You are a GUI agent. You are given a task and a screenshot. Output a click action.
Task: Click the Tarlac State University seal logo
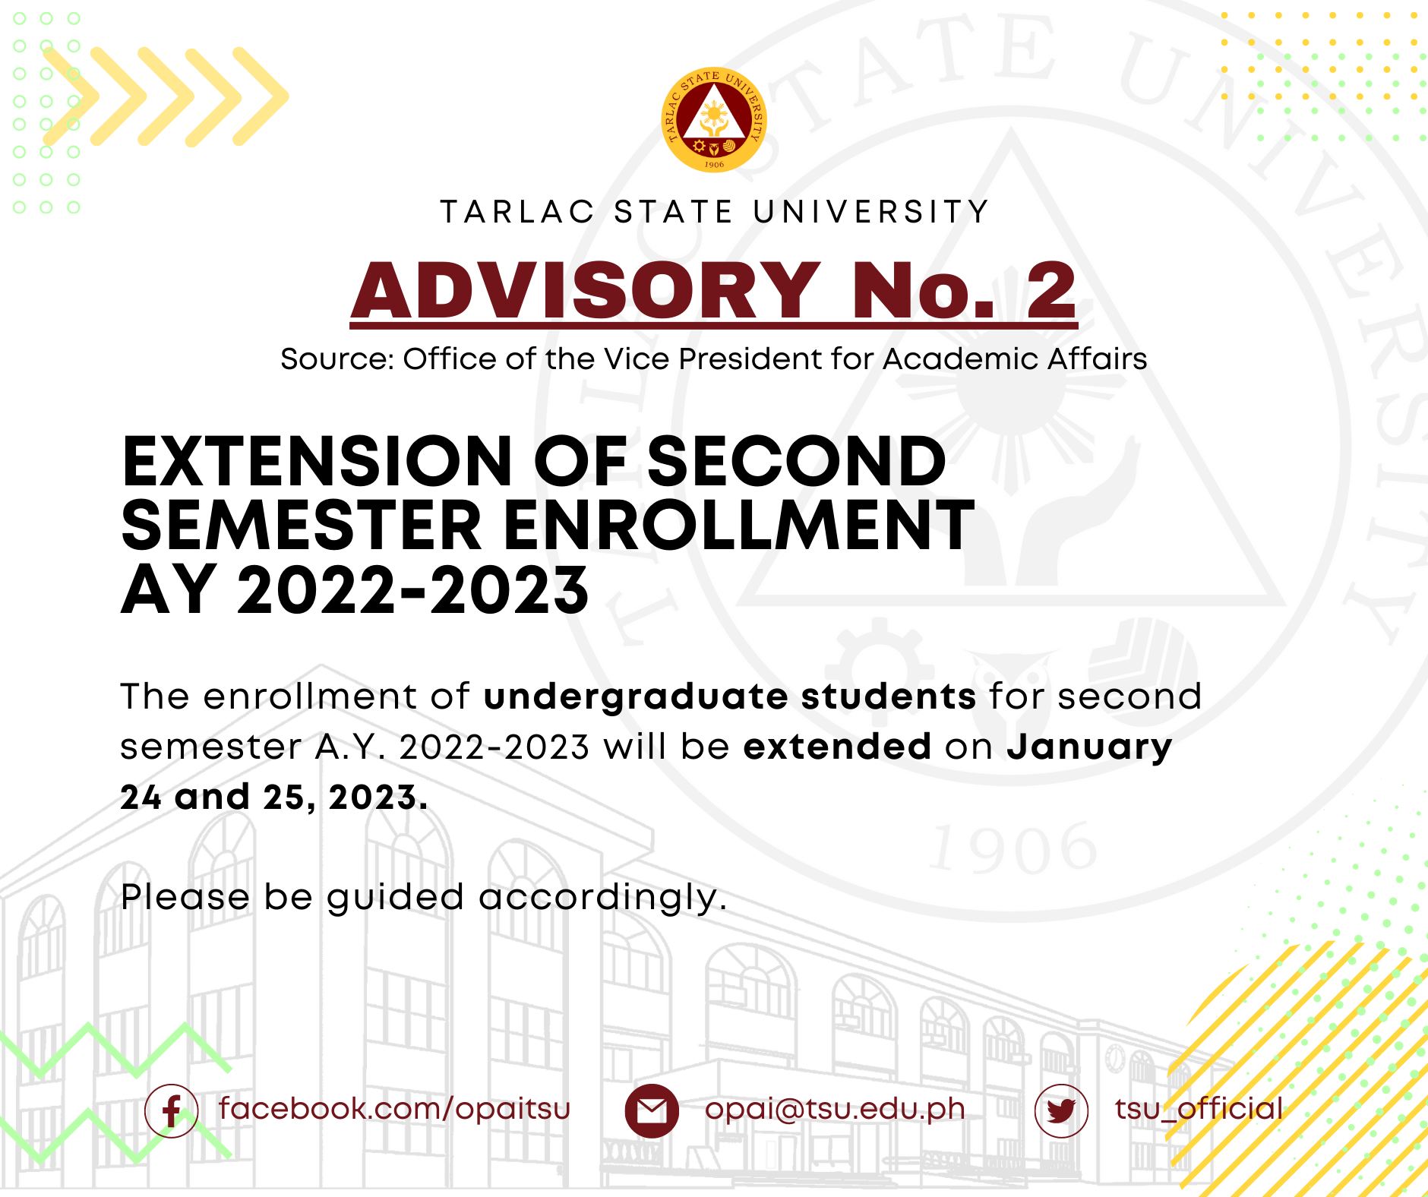(x=714, y=119)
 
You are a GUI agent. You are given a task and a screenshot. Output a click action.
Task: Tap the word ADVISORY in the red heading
(x=586, y=290)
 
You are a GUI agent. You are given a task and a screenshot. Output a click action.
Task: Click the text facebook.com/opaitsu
(x=394, y=1109)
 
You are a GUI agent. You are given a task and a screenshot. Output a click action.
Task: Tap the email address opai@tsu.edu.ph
(x=835, y=1110)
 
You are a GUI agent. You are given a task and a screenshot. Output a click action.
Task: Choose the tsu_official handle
(x=1199, y=1109)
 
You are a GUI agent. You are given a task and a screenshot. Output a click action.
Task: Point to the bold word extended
(x=837, y=747)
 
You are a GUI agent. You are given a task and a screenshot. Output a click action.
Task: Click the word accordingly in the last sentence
(x=602, y=899)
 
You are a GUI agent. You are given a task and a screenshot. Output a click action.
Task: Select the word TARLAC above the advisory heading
(x=517, y=212)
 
